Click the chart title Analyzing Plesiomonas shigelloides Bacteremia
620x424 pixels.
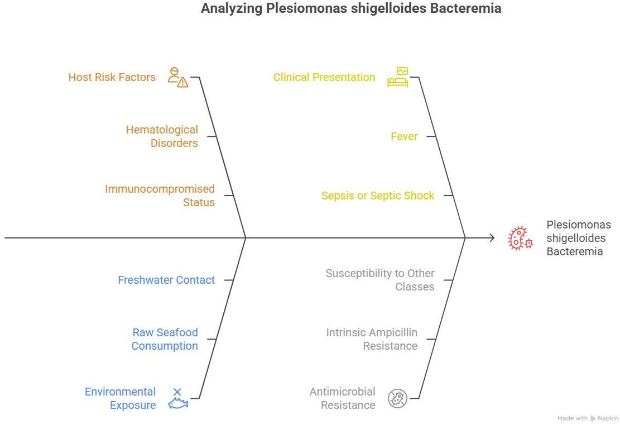click(x=350, y=9)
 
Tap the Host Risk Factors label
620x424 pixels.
click(x=112, y=77)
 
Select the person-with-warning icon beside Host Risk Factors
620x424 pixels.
click(x=179, y=78)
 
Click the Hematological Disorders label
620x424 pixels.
click(x=162, y=136)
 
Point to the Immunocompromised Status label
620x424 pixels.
click(x=160, y=196)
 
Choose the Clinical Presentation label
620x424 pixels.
click(x=324, y=77)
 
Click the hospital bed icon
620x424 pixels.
click(x=398, y=77)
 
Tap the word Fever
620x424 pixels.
click(x=404, y=136)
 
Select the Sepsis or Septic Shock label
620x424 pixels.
click(x=378, y=196)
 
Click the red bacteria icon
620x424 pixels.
click(x=520, y=238)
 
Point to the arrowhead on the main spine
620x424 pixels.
click(x=492, y=238)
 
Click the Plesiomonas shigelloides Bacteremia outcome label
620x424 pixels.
click(x=578, y=238)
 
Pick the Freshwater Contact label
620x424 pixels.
click(x=166, y=280)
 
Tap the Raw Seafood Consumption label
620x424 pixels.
click(x=165, y=339)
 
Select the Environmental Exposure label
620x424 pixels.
click(x=120, y=398)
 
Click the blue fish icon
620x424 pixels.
click(x=179, y=399)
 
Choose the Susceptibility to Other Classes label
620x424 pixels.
click(x=380, y=280)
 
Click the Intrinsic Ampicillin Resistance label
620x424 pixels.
click(x=372, y=339)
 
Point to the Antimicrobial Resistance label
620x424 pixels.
click(x=342, y=398)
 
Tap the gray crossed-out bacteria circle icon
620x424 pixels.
click(x=397, y=398)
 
